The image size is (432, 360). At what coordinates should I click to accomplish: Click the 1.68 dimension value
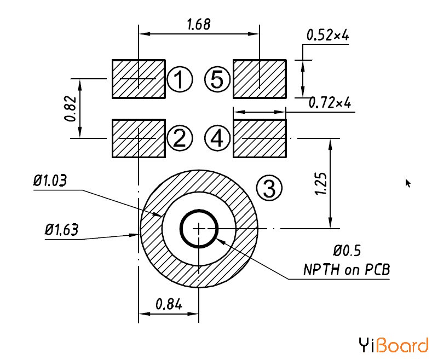point(198,24)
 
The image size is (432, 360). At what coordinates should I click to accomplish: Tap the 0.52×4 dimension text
point(327,35)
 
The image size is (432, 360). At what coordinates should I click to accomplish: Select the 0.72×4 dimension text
point(330,103)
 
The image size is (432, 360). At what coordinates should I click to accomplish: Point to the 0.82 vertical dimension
point(70,108)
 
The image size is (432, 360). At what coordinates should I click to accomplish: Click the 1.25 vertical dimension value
point(321,184)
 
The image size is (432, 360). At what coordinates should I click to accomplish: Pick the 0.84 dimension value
point(169,304)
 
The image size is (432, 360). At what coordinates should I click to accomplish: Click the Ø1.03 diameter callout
point(50,181)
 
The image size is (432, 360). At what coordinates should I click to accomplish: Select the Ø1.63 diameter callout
point(61,229)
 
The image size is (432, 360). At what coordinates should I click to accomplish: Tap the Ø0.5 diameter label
point(347,251)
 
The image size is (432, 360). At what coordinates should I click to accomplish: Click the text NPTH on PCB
point(347,269)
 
